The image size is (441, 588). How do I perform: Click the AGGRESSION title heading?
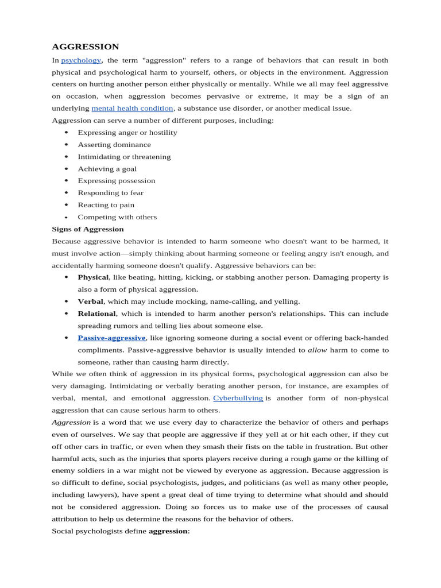point(86,47)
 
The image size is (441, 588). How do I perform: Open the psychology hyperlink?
point(81,60)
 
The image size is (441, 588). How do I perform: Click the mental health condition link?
point(132,109)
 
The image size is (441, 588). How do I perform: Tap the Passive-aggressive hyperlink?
point(112,338)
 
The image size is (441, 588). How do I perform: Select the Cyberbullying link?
point(238,398)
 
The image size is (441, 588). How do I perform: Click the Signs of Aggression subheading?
point(88,229)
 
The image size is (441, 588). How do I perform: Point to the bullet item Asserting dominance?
point(114,145)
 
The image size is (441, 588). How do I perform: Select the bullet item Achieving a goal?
point(107,169)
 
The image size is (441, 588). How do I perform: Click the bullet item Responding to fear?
point(111,193)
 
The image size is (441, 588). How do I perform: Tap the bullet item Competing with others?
point(117,217)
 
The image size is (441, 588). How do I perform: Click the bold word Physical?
point(93,277)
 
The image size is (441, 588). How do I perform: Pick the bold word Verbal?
point(91,301)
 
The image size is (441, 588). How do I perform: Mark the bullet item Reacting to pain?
point(106,205)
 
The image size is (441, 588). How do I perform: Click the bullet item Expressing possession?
point(117,181)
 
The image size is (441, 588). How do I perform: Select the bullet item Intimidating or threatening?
point(124,157)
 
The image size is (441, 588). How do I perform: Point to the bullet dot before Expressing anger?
point(66,133)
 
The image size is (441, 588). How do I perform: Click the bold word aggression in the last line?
point(168,531)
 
